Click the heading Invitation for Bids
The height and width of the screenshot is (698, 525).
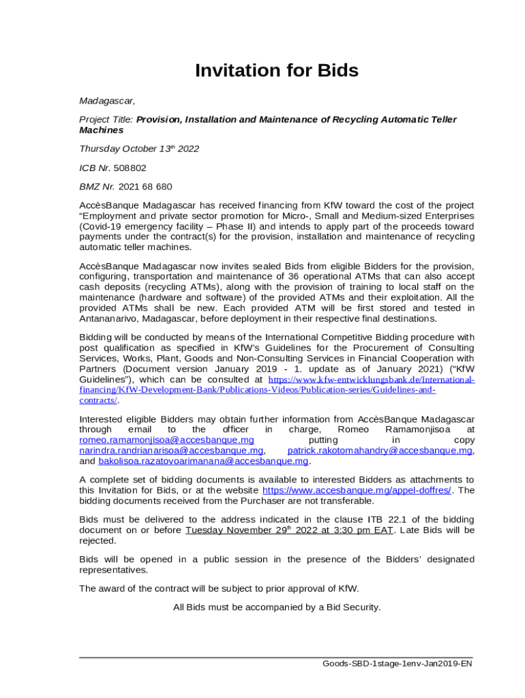(x=276, y=71)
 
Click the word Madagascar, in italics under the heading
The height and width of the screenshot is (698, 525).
(x=107, y=101)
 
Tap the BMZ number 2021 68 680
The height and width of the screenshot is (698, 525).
(x=145, y=186)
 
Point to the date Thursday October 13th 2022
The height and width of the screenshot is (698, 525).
(x=139, y=149)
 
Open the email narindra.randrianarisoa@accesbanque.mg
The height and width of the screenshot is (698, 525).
(x=171, y=451)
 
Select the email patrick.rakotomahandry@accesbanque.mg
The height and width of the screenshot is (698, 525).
(x=380, y=451)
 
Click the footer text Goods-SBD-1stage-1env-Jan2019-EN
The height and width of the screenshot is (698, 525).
(x=398, y=663)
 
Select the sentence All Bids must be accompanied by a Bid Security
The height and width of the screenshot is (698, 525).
(x=277, y=607)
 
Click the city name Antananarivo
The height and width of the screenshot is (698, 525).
(x=112, y=318)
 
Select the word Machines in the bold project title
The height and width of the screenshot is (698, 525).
(x=102, y=130)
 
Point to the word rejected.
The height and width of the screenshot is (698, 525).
(x=97, y=541)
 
